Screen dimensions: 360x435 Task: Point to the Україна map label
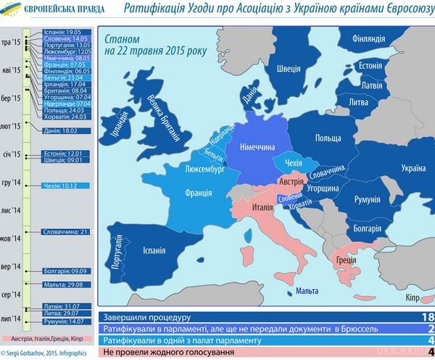pos(414,167)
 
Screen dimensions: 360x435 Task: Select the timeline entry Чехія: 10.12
pos(62,185)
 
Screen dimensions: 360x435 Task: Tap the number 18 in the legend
pos(427,317)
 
